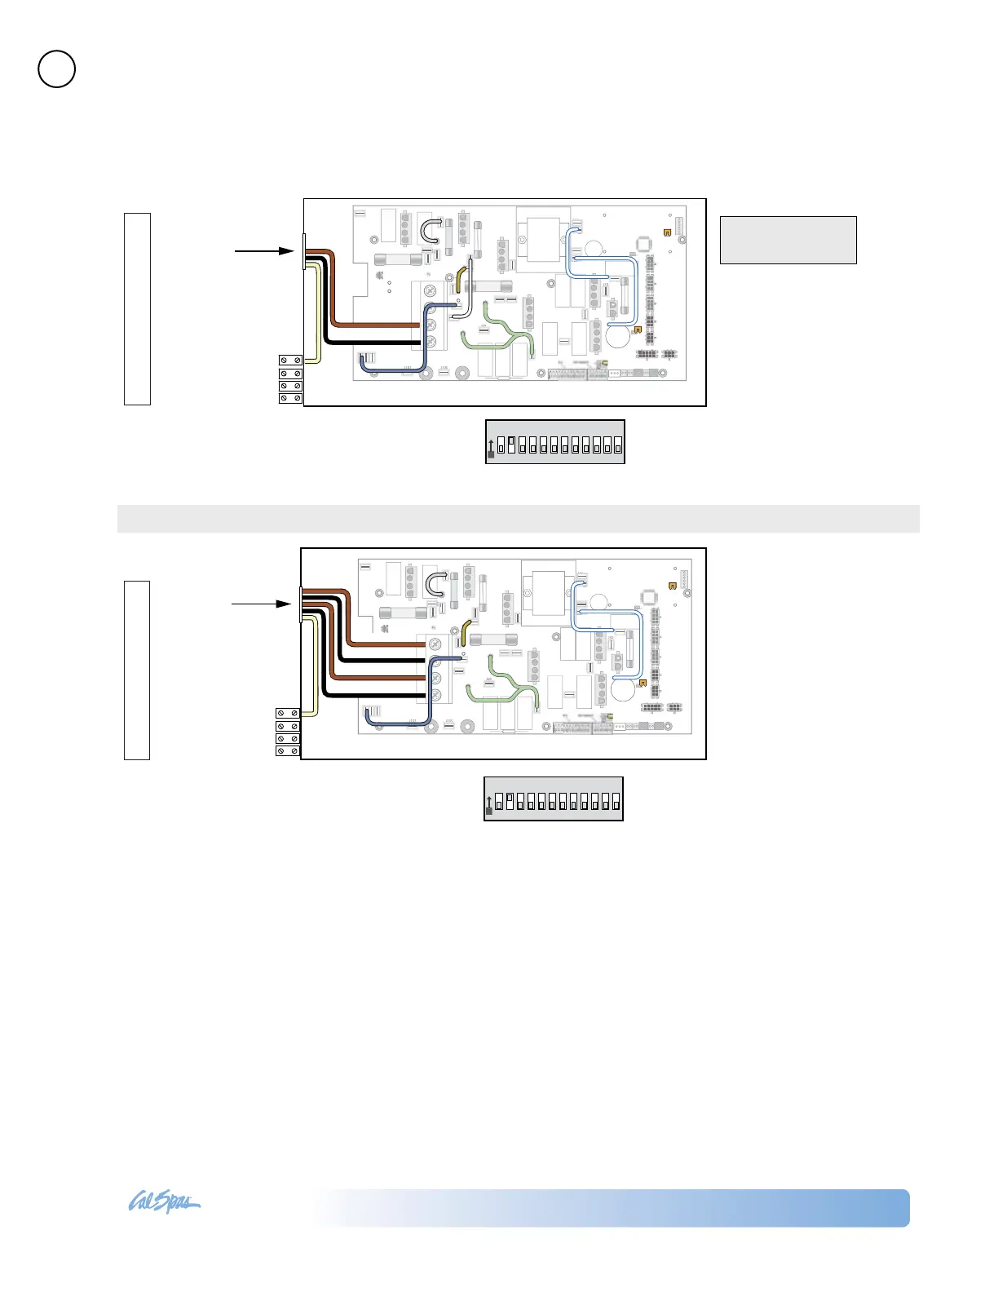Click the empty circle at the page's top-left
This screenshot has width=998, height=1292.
[57, 69]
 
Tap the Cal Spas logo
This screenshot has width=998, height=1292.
[164, 1203]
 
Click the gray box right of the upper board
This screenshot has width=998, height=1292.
[788, 240]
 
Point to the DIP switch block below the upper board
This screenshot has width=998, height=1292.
[555, 442]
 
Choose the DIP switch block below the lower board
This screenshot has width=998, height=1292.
[554, 799]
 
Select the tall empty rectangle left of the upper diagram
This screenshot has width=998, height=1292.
[137, 308]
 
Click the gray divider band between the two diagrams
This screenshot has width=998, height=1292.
[518, 519]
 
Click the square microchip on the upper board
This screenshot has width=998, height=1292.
[643, 244]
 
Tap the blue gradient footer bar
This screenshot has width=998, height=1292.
[612, 1208]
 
